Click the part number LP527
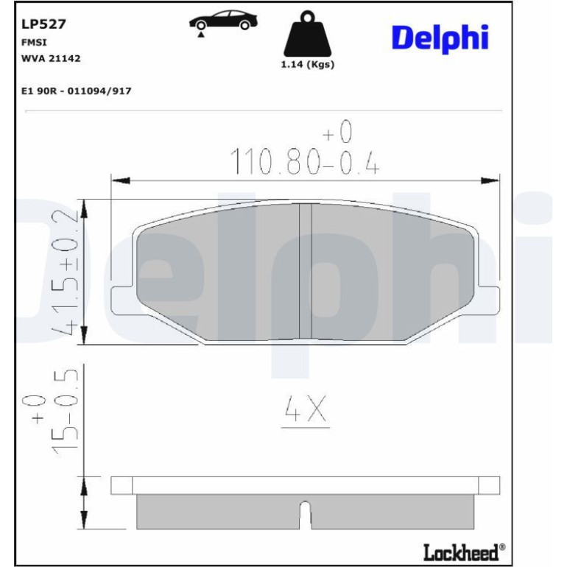tap(43, 24)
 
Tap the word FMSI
tap(34, 42)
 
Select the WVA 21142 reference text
tap(51, 58)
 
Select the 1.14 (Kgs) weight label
tap(307, 65)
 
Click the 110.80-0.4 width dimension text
tap(304, 161)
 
